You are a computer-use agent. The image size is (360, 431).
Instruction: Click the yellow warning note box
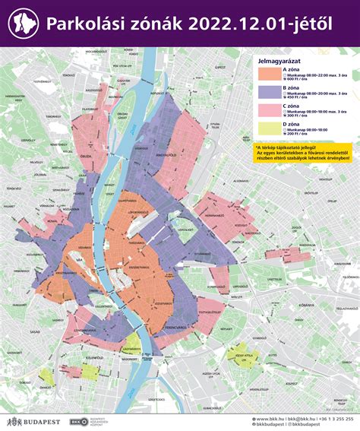303,153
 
